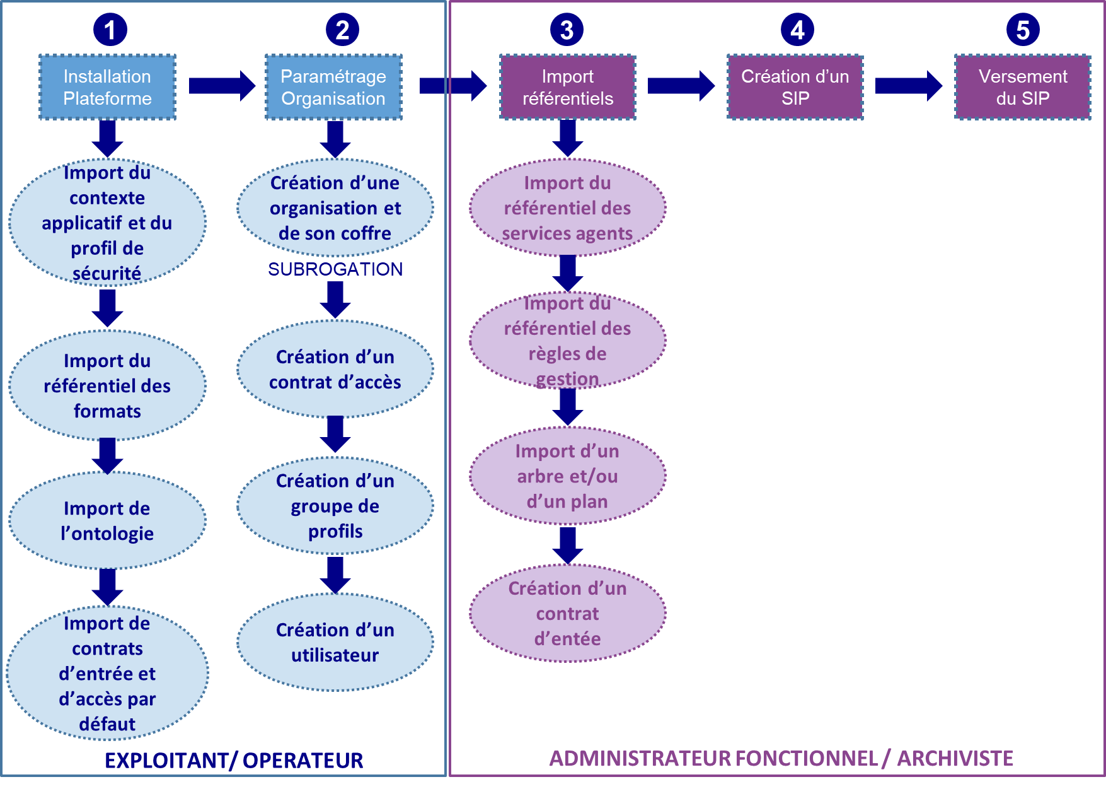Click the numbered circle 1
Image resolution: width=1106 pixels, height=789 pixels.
click(x=110, y=30)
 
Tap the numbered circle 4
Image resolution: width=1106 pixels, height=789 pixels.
click(x=797, y=30)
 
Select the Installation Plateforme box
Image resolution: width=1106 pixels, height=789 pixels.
click(x=107, y=87)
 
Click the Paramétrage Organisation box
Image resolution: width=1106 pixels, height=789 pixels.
click(x=333, y=87)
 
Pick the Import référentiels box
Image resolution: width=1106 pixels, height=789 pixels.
click(x=567, y=87)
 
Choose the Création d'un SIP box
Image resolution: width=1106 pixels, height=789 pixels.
click(x=795, y=87)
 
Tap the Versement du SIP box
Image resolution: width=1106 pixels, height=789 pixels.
click(x=1022, y=87)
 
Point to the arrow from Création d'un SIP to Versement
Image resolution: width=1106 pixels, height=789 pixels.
click(x=908, y=86)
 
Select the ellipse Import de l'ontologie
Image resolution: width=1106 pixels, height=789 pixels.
click(x=107, y=521)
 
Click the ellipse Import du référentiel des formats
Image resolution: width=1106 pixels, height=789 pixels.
click(x=107, y=385)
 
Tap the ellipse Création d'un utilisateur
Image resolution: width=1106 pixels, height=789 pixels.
click(x=335, y=642)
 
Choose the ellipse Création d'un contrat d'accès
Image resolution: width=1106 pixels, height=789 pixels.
click(x=335, y=370)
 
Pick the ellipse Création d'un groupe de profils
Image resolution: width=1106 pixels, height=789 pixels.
click(x=335, y=506)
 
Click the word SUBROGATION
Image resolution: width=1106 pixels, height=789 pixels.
click(x=335, y=269)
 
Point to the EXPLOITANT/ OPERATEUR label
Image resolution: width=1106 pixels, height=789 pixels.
click(x=234, y=761)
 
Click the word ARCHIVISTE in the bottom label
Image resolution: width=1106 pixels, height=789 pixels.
click(x=955, y=758)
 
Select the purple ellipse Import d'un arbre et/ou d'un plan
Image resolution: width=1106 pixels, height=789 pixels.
click(x=567, y=476)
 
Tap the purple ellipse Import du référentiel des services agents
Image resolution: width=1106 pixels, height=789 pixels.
click(x=567, y=208)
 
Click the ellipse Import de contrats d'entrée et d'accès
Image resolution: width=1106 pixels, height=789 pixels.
click(x=107, y=673)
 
